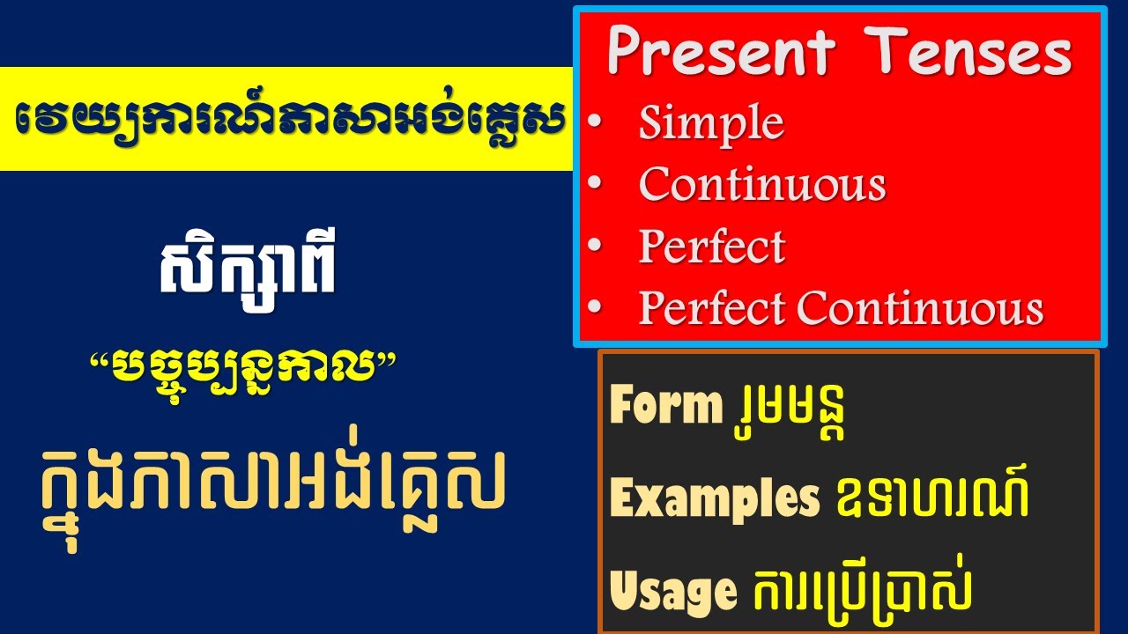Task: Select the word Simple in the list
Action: pos(711,123)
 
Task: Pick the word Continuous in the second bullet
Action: pos(762,185)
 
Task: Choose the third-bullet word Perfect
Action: pos(711,247)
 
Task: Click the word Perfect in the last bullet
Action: pos(711,308)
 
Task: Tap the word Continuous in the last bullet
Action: pos(921,308)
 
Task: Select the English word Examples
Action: pos(715,499)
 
